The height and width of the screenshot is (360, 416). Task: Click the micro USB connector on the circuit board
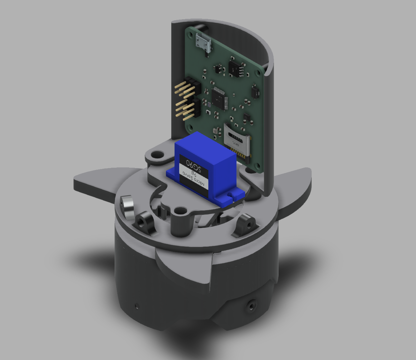pyautogui.click(x=203, y=42)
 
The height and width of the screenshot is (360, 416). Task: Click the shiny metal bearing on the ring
pyautogui.click(x=127, y=207)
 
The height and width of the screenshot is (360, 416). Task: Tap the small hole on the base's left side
pyautogui.click(x=136, y=305)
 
